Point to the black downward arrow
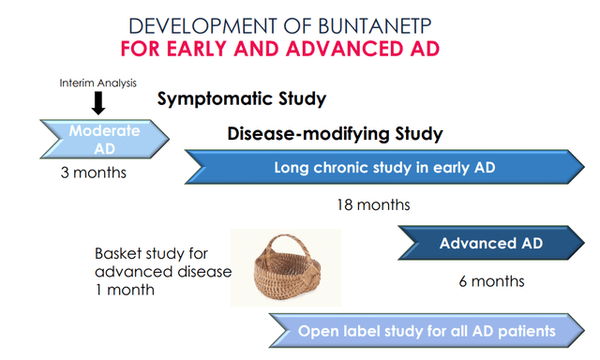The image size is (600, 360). [97, 103]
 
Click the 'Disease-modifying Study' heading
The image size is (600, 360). [335, 134]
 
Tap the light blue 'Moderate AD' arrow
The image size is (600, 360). [104, 140]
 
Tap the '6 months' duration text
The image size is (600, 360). [492, 280]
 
